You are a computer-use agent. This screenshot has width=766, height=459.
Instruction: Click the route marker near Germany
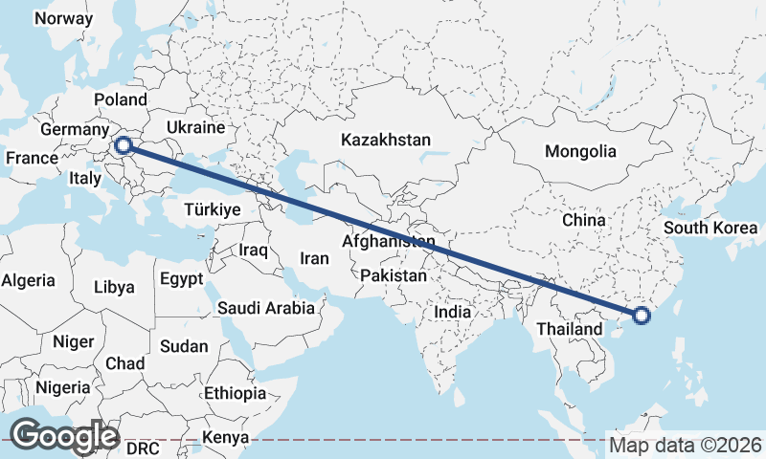point(123,145)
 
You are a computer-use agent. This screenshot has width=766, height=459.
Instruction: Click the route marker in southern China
point(641,316)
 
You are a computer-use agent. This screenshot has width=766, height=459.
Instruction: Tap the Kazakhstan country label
point(386,140)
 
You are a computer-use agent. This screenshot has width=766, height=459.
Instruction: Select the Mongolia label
point(580,151)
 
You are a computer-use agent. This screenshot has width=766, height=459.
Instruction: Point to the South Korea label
point(710,228)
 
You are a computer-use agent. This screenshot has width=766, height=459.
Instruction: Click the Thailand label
point(570,329)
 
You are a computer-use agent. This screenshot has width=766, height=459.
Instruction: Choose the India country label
point(452,312)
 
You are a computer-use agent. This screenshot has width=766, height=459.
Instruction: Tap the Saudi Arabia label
point(266,308)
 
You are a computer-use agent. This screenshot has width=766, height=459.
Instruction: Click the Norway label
point(63,18)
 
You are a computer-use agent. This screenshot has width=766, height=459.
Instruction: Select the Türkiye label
point(212,209)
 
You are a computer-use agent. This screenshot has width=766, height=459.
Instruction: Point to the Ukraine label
point(195,127)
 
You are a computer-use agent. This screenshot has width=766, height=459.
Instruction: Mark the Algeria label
point(28,281)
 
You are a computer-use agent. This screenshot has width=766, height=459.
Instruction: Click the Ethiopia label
point(235,393)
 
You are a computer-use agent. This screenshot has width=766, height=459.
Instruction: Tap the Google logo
point(63,436)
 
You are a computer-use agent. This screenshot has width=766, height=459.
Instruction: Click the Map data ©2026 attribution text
point(686,445)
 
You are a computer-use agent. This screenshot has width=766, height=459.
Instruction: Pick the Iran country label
point(314,258)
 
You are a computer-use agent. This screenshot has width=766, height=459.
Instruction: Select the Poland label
point(121,99)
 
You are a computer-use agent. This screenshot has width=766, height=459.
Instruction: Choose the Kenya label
point(226,438)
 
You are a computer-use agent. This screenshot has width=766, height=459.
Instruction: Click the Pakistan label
point(394,275)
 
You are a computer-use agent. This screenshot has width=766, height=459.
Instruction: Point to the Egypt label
point(182,280)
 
